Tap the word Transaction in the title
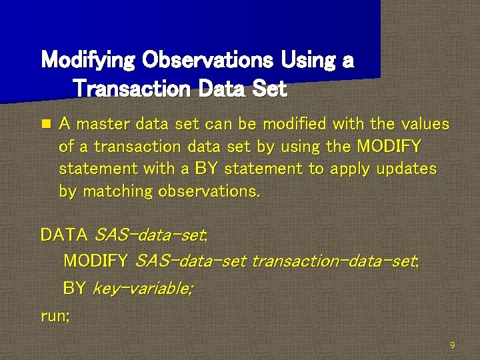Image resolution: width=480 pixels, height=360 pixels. (131, 89)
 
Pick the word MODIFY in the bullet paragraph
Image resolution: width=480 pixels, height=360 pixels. (389, 147)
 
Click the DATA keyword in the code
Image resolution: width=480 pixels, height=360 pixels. (64, 235)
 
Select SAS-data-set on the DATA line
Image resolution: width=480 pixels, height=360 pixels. (151, 235)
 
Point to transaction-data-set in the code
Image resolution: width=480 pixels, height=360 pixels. (335, 261)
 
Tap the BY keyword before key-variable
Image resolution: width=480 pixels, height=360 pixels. (74, 289)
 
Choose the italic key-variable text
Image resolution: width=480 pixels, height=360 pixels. (143, 289)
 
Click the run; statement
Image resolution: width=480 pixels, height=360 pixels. (55, 316)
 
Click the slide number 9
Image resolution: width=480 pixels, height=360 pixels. (453, 345)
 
